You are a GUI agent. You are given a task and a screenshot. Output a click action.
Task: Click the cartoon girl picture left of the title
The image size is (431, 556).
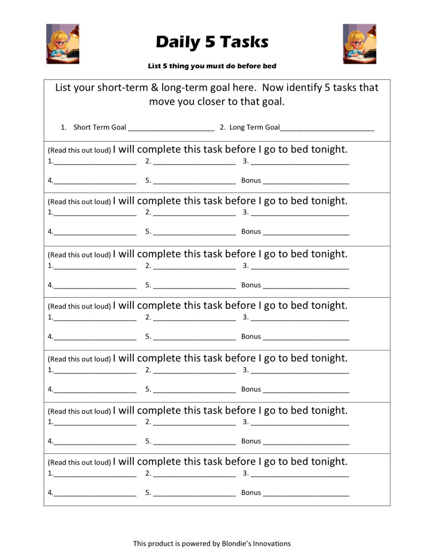[63, 44]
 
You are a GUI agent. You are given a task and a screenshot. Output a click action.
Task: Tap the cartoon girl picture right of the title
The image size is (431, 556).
[359, 44]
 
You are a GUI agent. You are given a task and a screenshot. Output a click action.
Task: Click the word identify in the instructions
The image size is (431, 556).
[304, 88]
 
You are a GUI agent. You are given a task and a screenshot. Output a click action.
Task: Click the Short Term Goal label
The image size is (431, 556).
[99, 127]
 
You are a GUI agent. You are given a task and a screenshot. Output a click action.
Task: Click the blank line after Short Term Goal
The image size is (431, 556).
[171, 129]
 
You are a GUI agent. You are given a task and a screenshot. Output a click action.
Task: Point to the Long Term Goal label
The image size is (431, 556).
[254, 127]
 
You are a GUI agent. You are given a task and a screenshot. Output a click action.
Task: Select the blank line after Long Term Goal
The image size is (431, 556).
[327, 129]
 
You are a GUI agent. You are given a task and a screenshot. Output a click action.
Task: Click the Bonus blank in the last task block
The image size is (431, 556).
[306, 495]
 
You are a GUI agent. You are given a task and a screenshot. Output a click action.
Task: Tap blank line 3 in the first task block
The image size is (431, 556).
[300, 163]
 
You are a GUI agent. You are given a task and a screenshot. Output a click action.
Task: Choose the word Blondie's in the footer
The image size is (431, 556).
[236, 544]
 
